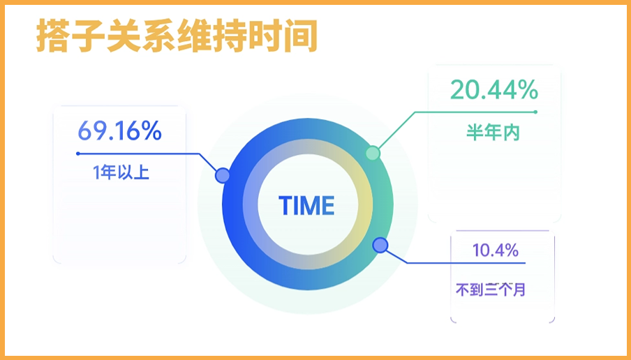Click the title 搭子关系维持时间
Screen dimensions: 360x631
tap(177, 37)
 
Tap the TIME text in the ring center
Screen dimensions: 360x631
tap(306, 206)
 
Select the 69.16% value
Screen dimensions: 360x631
tap(119, 130)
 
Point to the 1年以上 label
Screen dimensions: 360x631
tap(121, 172)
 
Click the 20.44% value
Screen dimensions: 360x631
tap(493, 90)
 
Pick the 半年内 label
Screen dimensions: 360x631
tap(493, 133)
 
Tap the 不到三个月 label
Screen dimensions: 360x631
tap(490, 289)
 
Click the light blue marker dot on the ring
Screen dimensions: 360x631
tap(223, 175)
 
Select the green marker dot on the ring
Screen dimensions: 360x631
tap(373, 153)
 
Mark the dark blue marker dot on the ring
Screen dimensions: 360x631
tap(380, 245)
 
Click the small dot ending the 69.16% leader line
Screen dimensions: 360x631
tap(77, 153)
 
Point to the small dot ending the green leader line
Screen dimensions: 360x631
tap(535, 112)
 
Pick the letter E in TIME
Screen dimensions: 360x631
tap(327, 206)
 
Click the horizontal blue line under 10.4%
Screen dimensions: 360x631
tap(468, 263)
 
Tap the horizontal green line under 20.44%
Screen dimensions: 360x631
tap(475, 112)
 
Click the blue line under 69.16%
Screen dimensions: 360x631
tap(140, 153)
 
